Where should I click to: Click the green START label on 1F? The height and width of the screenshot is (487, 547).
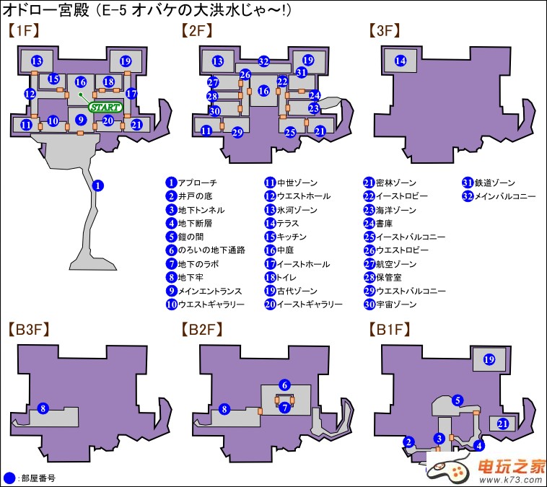tap(105, 107)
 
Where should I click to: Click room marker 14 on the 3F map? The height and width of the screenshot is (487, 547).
tap(401, 61)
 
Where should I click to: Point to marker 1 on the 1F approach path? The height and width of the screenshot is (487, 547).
tap(98, 185)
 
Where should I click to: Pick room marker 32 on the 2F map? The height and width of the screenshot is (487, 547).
tap(264, 61)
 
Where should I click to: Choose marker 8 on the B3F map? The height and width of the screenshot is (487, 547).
tap(43, 409)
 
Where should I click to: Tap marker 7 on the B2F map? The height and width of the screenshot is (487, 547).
tap(285, 408)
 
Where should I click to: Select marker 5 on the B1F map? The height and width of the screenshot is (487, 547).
tap(457, 400)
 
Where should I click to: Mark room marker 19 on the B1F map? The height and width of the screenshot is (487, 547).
tap(489, 359)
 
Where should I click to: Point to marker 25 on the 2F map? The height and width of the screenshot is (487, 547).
tap(290, 133)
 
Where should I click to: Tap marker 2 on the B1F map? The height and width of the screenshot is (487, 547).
tap(408, 442)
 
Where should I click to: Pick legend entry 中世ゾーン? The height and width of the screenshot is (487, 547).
tap(292, 183)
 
